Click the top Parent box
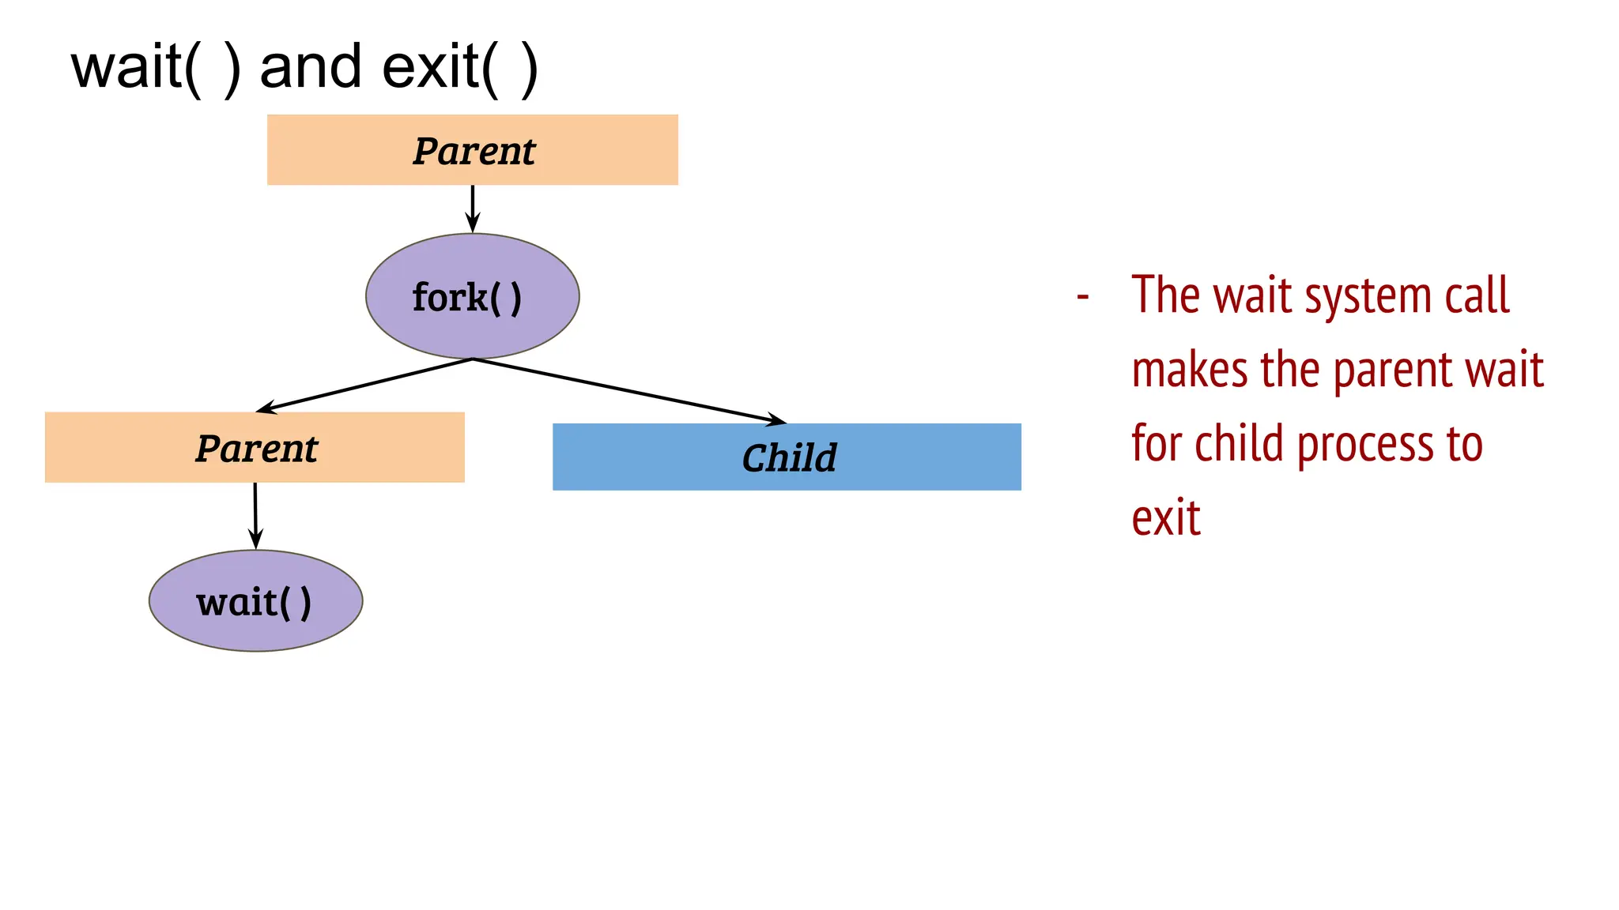tap(472, 150)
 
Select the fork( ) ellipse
tap(472, 296)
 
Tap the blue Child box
tap(787, 457)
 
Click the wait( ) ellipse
tap(255, 601)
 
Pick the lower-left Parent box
tap(255, 447)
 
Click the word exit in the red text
tap(1165, 518)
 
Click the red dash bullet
tap(1083, 297)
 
